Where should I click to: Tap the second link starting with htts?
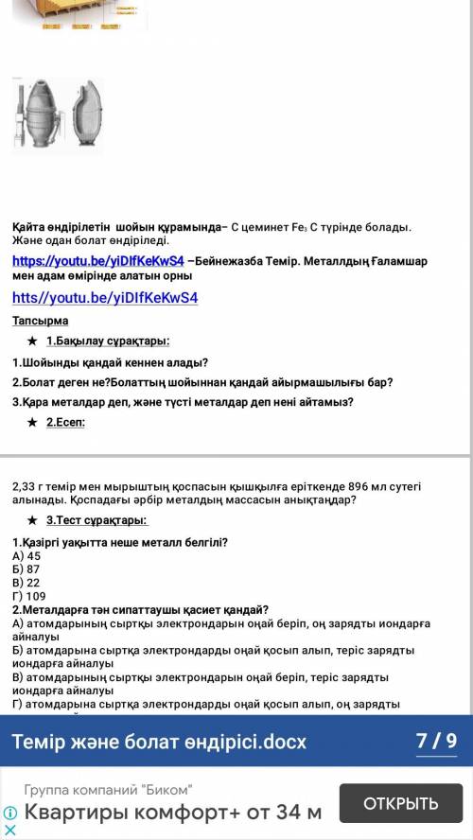104,298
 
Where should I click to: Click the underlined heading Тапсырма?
40,322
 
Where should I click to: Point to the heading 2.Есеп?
65,423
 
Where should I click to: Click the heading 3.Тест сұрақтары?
96,520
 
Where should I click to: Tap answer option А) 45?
26,556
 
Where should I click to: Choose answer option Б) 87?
26,570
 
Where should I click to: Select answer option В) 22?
26,583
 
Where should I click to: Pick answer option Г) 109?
29,596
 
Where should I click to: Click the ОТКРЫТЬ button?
401,804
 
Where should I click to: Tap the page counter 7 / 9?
436,741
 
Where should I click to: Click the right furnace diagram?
87,115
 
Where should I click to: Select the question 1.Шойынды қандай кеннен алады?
111,362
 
